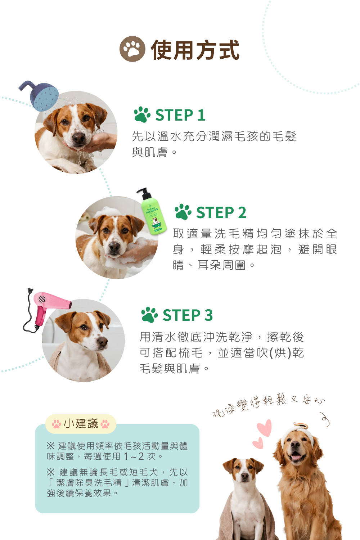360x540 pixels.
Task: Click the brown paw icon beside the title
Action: tap(132, 49)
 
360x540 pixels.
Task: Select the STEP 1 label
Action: tap(180, 115)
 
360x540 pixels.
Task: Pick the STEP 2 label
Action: tap(221, 212)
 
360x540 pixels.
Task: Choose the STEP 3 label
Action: tap(188, 315)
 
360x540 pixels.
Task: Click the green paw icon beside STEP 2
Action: tap(183, 212)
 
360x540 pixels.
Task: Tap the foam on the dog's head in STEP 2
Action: tap(107, 212)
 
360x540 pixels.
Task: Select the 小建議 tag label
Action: tap(81, 424)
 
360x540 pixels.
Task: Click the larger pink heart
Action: tap(265, 428)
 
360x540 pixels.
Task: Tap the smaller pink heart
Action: tap(258, 443)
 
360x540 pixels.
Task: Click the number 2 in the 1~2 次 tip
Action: tap(141, 456)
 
